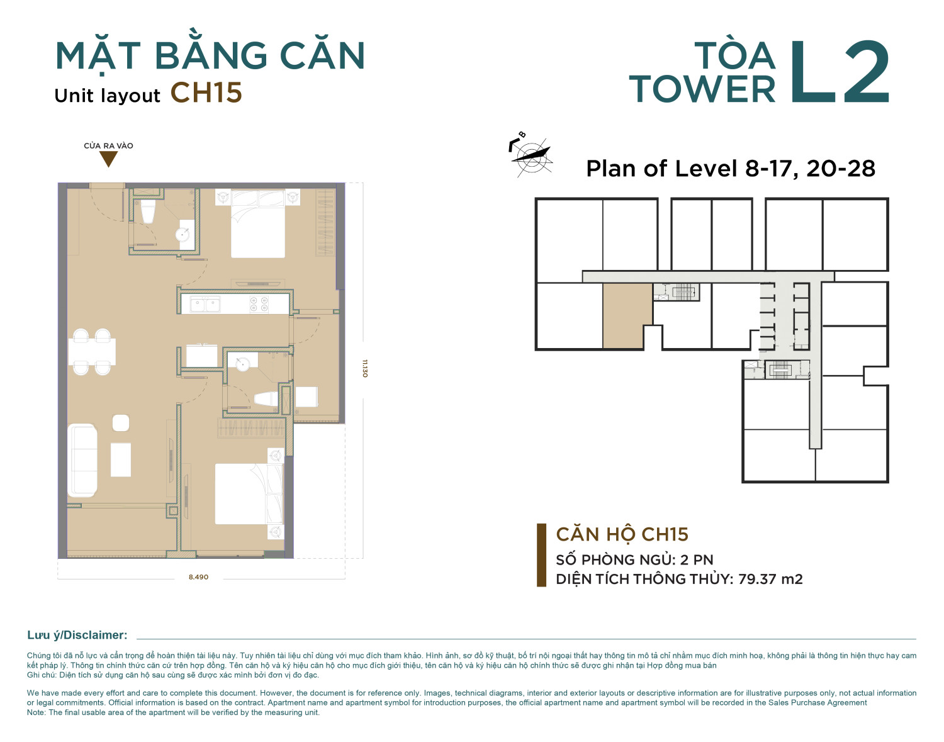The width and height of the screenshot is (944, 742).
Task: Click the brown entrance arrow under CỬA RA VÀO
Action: tap(108, 159)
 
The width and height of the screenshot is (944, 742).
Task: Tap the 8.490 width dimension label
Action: tap(198, 577)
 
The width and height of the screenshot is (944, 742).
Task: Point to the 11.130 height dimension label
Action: tap(365, 368)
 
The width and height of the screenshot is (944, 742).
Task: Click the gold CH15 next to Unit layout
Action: tap(206, 93)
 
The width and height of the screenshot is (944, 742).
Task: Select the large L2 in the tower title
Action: tap(840, 72)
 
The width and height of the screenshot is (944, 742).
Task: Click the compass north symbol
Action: tap(531, 154)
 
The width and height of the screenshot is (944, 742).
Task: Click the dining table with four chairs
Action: tap(92, 351)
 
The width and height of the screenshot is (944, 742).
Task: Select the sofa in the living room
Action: tap(82, 460)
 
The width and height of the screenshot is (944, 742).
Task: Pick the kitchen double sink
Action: tap(205, 304)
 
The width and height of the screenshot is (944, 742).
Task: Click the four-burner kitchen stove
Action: tap(259, 304)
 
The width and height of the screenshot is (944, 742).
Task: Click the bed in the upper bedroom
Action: tap(258, 223)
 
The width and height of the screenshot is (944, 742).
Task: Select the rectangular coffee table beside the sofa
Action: tap(121, 459)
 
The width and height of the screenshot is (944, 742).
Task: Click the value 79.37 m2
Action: tap(770, 579)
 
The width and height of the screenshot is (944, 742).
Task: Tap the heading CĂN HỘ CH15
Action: tap(622, 534)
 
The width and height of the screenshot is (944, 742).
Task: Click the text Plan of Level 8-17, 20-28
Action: tap(731, 169)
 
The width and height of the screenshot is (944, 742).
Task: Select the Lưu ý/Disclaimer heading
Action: tap(77, 635)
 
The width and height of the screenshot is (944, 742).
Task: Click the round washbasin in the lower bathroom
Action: tap(242, 364)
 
